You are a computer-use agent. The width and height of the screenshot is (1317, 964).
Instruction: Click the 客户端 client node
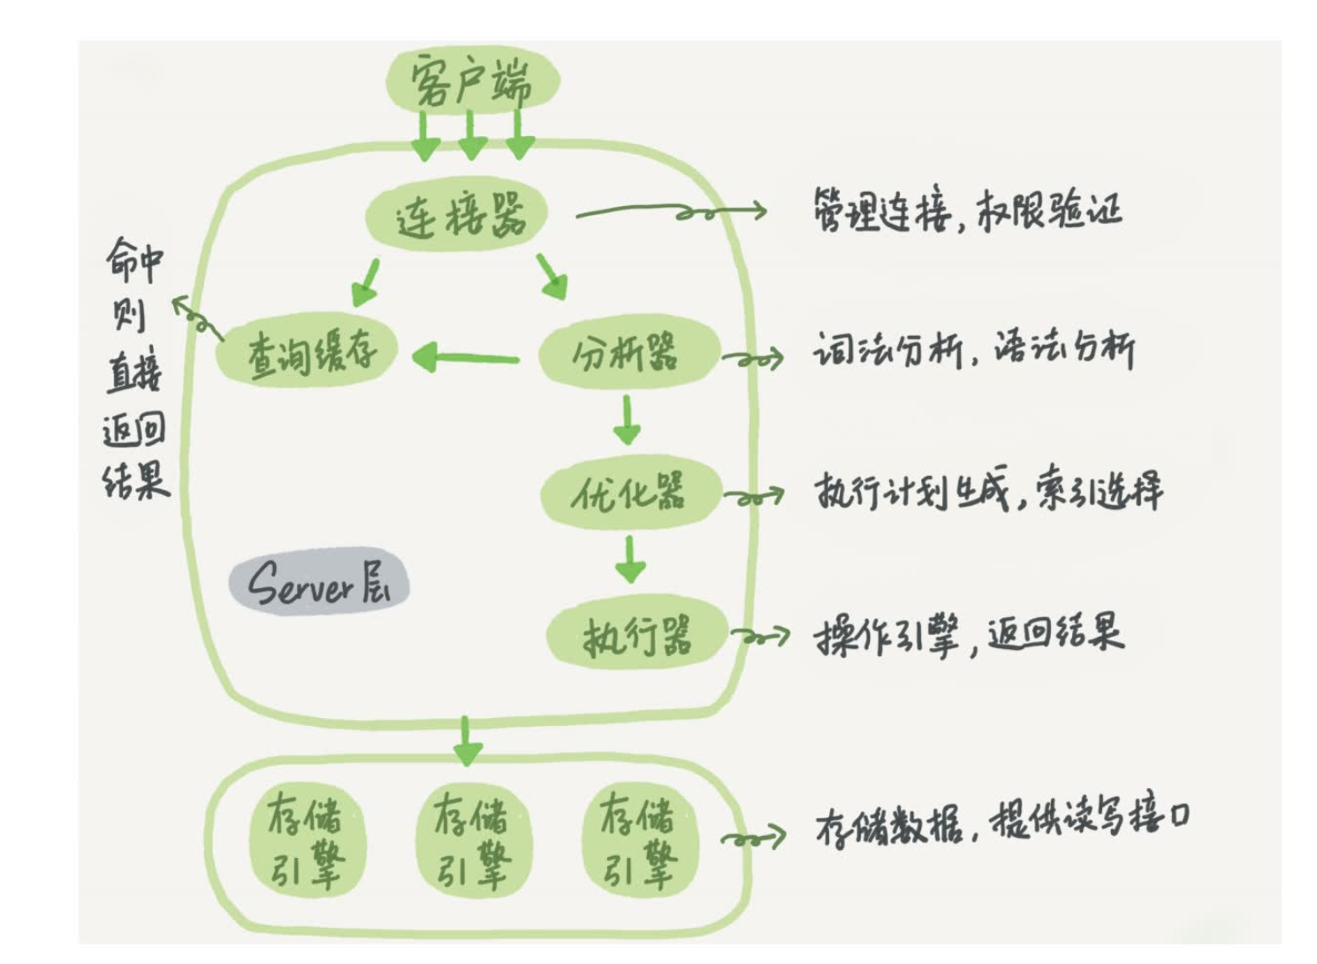click(x=472, y=80)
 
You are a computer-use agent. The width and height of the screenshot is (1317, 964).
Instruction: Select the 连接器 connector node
click(x=459, y=215)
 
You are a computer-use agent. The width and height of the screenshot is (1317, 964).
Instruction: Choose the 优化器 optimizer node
click(x=629, y=493)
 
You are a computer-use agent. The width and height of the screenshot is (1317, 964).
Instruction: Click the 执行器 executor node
click(x=636, y=634)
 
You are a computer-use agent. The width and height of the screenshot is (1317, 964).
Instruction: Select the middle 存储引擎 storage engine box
click(x=472, y=840)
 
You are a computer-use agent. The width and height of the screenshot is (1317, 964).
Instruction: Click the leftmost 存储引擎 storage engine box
click(x=306, y=840)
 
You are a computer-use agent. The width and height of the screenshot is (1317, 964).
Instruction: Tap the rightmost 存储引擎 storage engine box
click(x=639, y=840)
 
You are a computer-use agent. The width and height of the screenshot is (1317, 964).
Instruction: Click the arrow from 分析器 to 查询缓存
click(x=465, y=358)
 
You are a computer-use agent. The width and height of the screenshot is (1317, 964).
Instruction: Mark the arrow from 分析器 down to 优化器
click(x=628, y=420)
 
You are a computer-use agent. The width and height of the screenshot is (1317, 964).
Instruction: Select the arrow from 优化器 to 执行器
click(x=629, y=559)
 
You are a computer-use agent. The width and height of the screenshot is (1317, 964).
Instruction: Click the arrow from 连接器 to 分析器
click(x=552, y=275)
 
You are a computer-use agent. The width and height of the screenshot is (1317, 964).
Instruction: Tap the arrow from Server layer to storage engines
click(x=467, y=741)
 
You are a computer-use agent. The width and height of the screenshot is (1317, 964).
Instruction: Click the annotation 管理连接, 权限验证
click(x=967, y=211)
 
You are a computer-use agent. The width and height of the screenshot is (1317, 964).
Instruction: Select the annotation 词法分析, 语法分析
click(x=973, y=350)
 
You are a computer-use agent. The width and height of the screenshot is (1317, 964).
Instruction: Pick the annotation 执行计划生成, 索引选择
click(x=987, y=491)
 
